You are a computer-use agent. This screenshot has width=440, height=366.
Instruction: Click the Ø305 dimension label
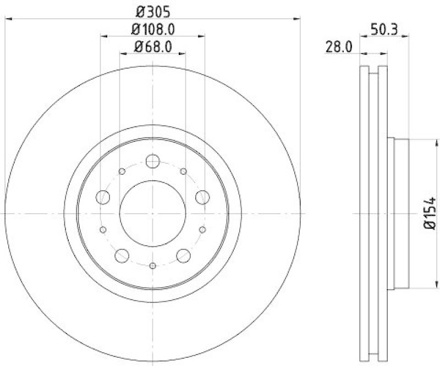pyautogui.click(x=152, y=10)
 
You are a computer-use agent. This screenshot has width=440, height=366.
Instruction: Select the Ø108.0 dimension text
pyautogui.click(x=152, y=29)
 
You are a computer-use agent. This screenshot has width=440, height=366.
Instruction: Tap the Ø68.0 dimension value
pyautogui.click(x=152, y=48)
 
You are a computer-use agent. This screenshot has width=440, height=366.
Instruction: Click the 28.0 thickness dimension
pyautogui.click(x=339, y=48)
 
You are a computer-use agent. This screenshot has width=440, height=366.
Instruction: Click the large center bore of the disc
pyautogui.click(x=152, y=213)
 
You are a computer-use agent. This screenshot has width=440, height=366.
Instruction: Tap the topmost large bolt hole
pyautogui.click(x=152, y=161)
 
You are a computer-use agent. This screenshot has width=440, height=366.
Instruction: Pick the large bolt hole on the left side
pyautogui.click(x=103, y=197)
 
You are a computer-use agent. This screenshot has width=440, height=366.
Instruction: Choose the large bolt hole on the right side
pyautogui.click(x=202, y=197)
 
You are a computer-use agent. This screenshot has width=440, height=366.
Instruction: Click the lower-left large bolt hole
pyautogui.click(x=122, y=255)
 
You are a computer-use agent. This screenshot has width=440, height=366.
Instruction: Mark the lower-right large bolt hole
pyautogui.click(x=183, y=255)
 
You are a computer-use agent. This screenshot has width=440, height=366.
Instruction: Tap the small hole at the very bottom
pyautogui.click(x=152, y=265)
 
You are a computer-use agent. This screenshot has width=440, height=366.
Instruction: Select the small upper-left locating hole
pyautogui.click(x=122, y=171)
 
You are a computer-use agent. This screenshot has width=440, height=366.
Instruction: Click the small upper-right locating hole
pyautogui.click(x=183, y=171)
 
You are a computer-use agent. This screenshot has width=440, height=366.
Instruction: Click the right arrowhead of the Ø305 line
pyautogui.click(x=298, y=19)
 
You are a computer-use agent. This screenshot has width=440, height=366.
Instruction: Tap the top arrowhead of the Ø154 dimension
pyautogui.click(x=424, y=141)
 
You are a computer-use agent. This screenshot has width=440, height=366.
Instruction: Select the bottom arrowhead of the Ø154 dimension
pyautogui.click(x=424, y=285)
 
